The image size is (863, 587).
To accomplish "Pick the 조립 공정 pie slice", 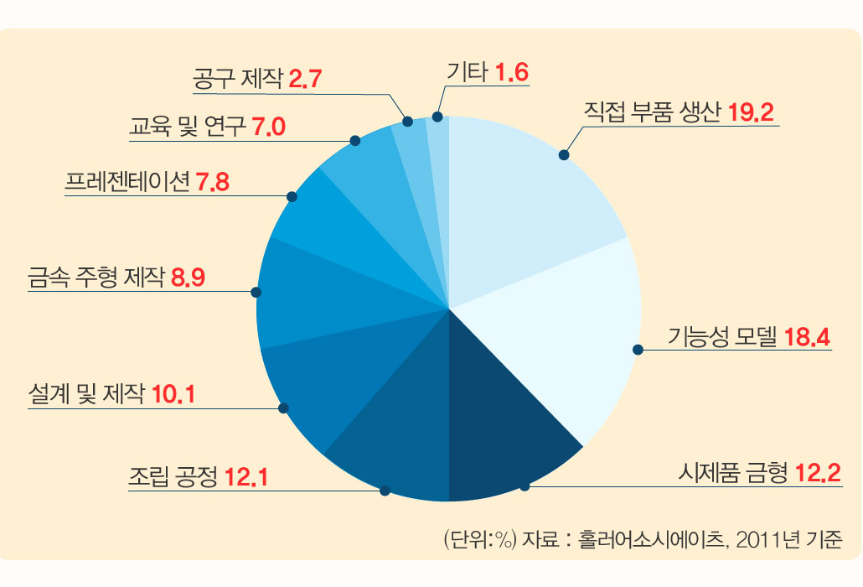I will [394, 436].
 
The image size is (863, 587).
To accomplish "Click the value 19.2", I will [755, 114].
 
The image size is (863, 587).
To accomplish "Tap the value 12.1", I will [246, 479].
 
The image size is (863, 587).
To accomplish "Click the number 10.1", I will [173, 393].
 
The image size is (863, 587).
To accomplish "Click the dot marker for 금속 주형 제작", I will [256, 293].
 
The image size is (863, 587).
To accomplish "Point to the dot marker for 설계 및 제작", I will [283, 408].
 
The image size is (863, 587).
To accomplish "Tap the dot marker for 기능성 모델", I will [638, 350].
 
